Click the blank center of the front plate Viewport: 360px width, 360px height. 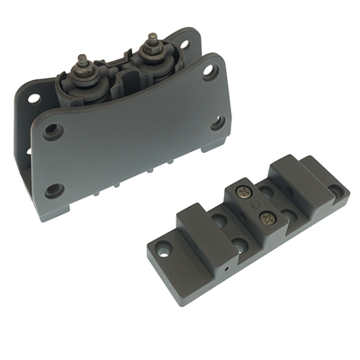pos(135,144)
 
